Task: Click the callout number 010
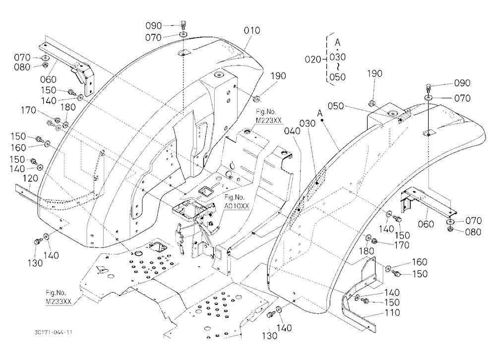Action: [252, 30]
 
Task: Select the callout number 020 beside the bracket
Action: [313, 59]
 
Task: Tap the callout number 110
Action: [392, 312]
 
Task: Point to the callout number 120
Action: [30, 179]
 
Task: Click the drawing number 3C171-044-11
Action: [54, 332]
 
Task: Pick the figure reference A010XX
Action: [237, 206]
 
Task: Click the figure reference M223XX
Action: [268, 120]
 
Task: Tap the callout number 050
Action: [336, 106]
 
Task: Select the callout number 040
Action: [292, 131]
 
